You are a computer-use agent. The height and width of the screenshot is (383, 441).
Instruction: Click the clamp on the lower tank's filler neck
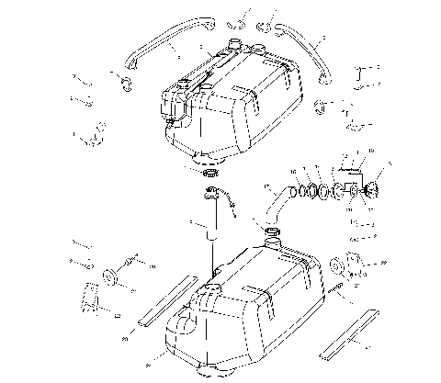tap(272, 242)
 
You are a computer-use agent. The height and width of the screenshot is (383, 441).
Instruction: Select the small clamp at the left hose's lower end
tap(123, 84)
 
